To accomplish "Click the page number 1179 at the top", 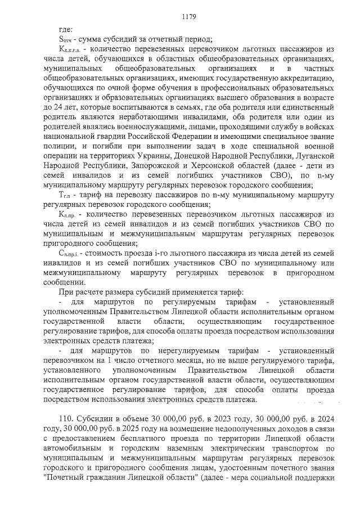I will (x=188, y=17).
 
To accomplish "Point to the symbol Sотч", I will (x=66, y=39).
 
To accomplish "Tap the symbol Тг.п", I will (x=67, y=195).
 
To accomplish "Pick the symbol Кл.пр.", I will (x=69, y=215).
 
